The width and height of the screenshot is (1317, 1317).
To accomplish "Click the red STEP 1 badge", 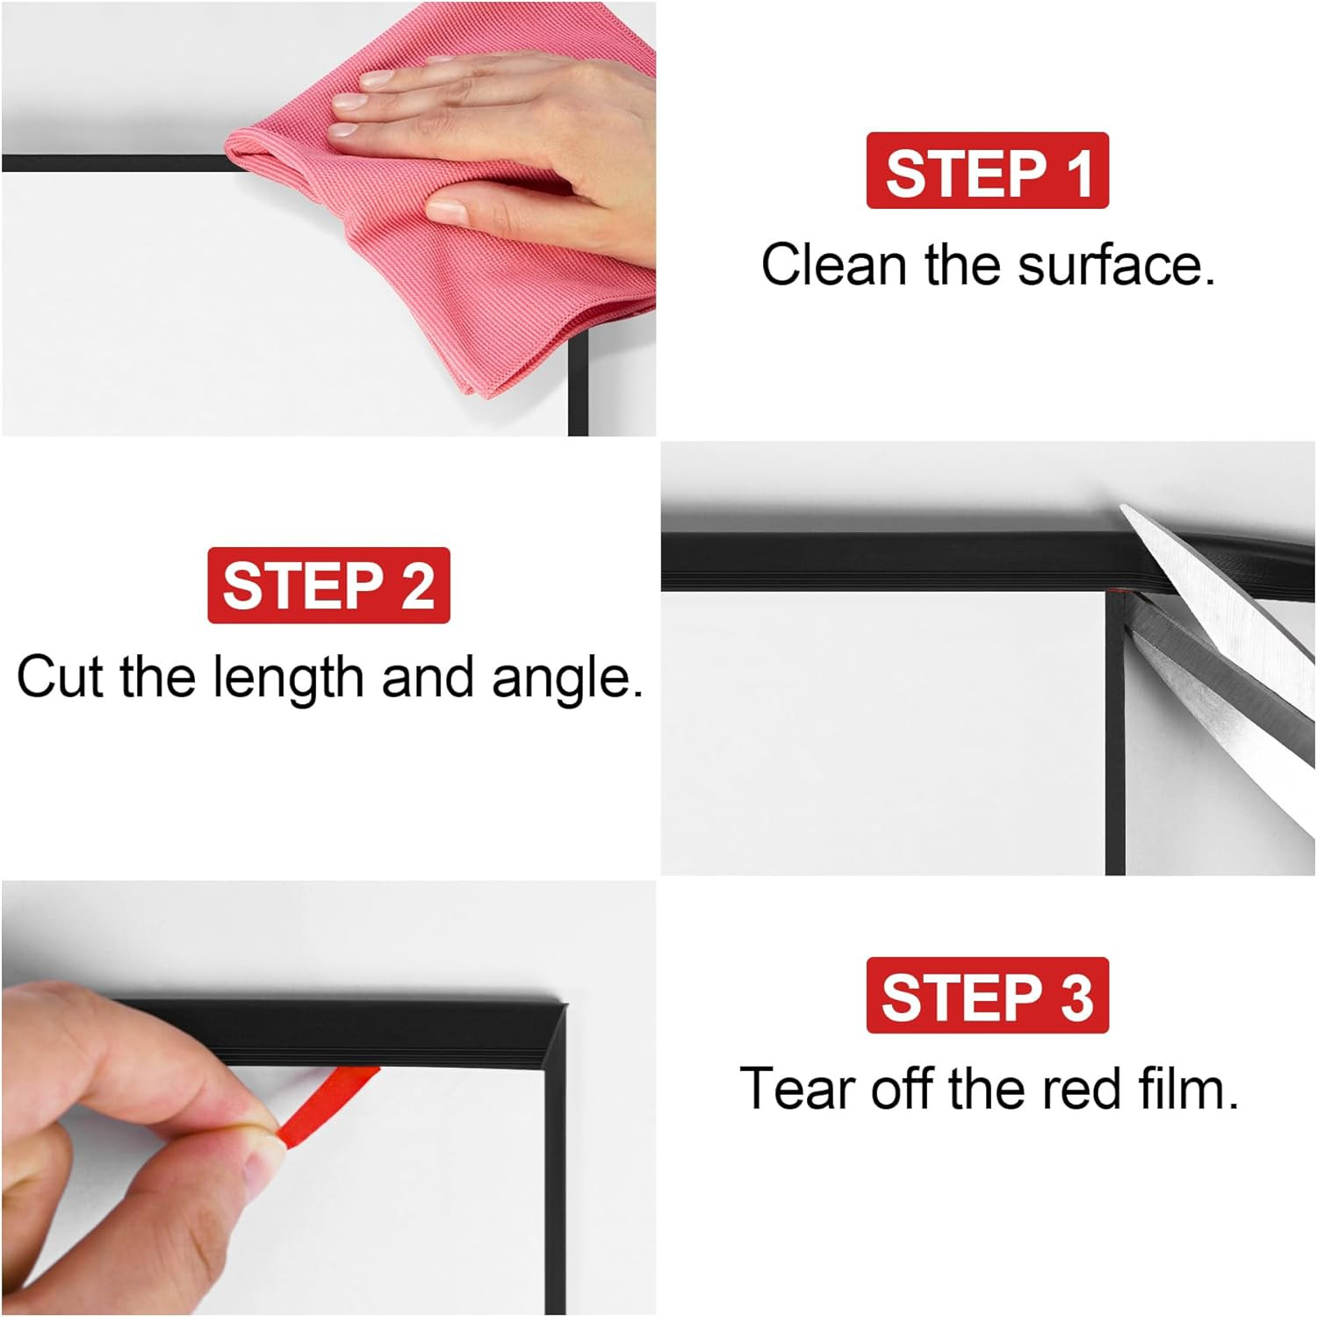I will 987,171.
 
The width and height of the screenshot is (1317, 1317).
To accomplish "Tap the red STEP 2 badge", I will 328,586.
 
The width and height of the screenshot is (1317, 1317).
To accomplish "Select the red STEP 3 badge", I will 987,996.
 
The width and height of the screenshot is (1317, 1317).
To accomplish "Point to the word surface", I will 1116,264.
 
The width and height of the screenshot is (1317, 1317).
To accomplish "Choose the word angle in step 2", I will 566,679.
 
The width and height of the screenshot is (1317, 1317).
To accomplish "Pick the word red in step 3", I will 1081,1089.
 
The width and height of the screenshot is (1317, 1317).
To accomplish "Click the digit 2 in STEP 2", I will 419,586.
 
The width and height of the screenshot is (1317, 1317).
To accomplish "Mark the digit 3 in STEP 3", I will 1077,996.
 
